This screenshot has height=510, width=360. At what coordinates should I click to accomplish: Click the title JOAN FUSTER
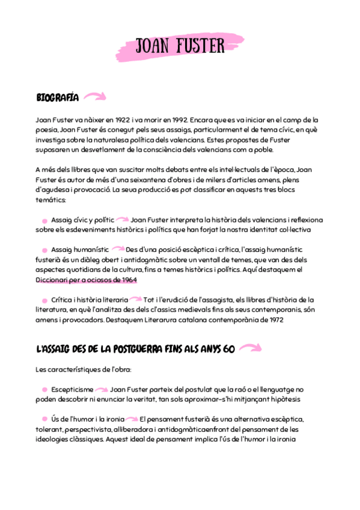point(180,46)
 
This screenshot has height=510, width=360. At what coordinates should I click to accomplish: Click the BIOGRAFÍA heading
point(57,97)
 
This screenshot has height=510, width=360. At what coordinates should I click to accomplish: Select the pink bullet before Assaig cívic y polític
point(44,221)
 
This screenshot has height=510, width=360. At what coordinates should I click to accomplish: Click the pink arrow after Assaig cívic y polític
point(123,220)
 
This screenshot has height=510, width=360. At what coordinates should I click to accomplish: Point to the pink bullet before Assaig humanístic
point(44,250)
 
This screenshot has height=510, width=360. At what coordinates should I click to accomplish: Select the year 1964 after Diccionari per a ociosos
point(127,279)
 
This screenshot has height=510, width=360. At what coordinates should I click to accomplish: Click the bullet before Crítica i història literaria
point(44,300)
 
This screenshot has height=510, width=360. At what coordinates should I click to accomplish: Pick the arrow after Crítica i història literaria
point(136,299)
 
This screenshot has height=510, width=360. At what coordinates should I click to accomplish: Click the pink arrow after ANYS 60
point(250,348)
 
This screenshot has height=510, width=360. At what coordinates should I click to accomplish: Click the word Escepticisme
point(72,390)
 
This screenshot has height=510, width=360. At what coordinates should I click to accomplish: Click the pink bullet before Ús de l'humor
point(44,419)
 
